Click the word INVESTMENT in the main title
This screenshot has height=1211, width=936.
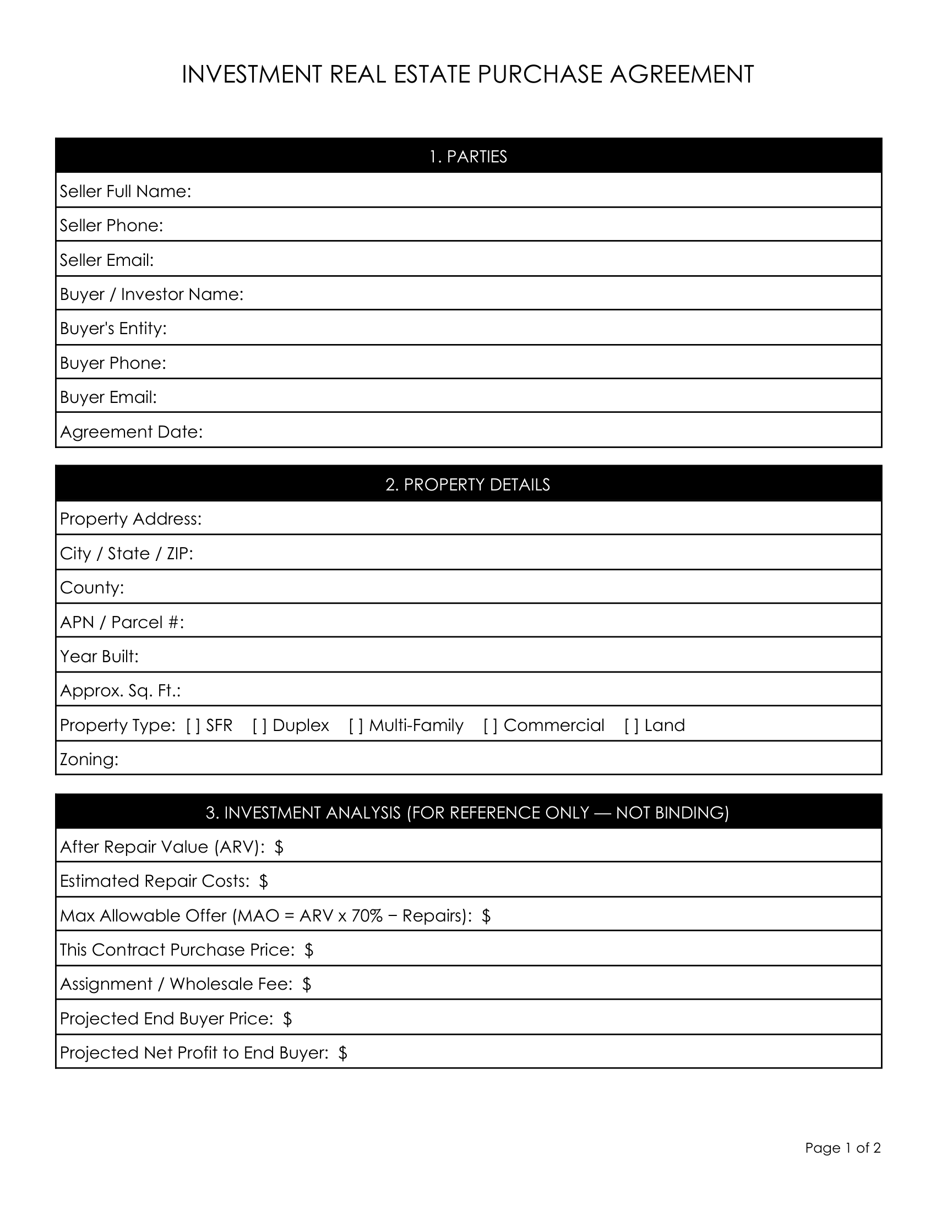click(252, 74)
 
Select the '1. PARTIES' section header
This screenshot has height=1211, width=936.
click(468, 157)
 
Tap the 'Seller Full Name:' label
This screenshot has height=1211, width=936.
click(126, 192)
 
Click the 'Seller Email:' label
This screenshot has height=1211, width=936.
click(106, 260)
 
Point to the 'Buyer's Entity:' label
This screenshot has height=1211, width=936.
click(113, 328)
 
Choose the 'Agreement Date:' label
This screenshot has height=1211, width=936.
click(132, 432)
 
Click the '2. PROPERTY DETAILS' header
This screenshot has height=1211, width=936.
click(468, 484)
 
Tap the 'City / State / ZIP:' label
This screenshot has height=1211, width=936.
click(127, 553)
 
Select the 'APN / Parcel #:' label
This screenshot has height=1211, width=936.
click(122, 622)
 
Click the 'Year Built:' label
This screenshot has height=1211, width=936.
click(99, 656)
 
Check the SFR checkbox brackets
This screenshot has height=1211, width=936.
click(193, 725)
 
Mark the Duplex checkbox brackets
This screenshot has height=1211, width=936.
click(259, 725)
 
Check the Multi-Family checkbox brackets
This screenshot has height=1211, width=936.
click(356, 725)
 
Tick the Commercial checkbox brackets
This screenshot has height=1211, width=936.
click(490, 725)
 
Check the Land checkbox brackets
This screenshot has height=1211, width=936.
click(632, 725)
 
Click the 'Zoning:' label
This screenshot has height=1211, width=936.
click(89, 759)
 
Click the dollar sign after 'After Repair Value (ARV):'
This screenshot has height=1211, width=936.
click(279, 847)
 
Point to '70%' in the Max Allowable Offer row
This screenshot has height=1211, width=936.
click(367, 915)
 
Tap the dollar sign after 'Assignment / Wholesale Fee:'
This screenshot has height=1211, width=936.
click(307, 984)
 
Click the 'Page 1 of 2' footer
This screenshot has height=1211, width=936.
click(843, 1148)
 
